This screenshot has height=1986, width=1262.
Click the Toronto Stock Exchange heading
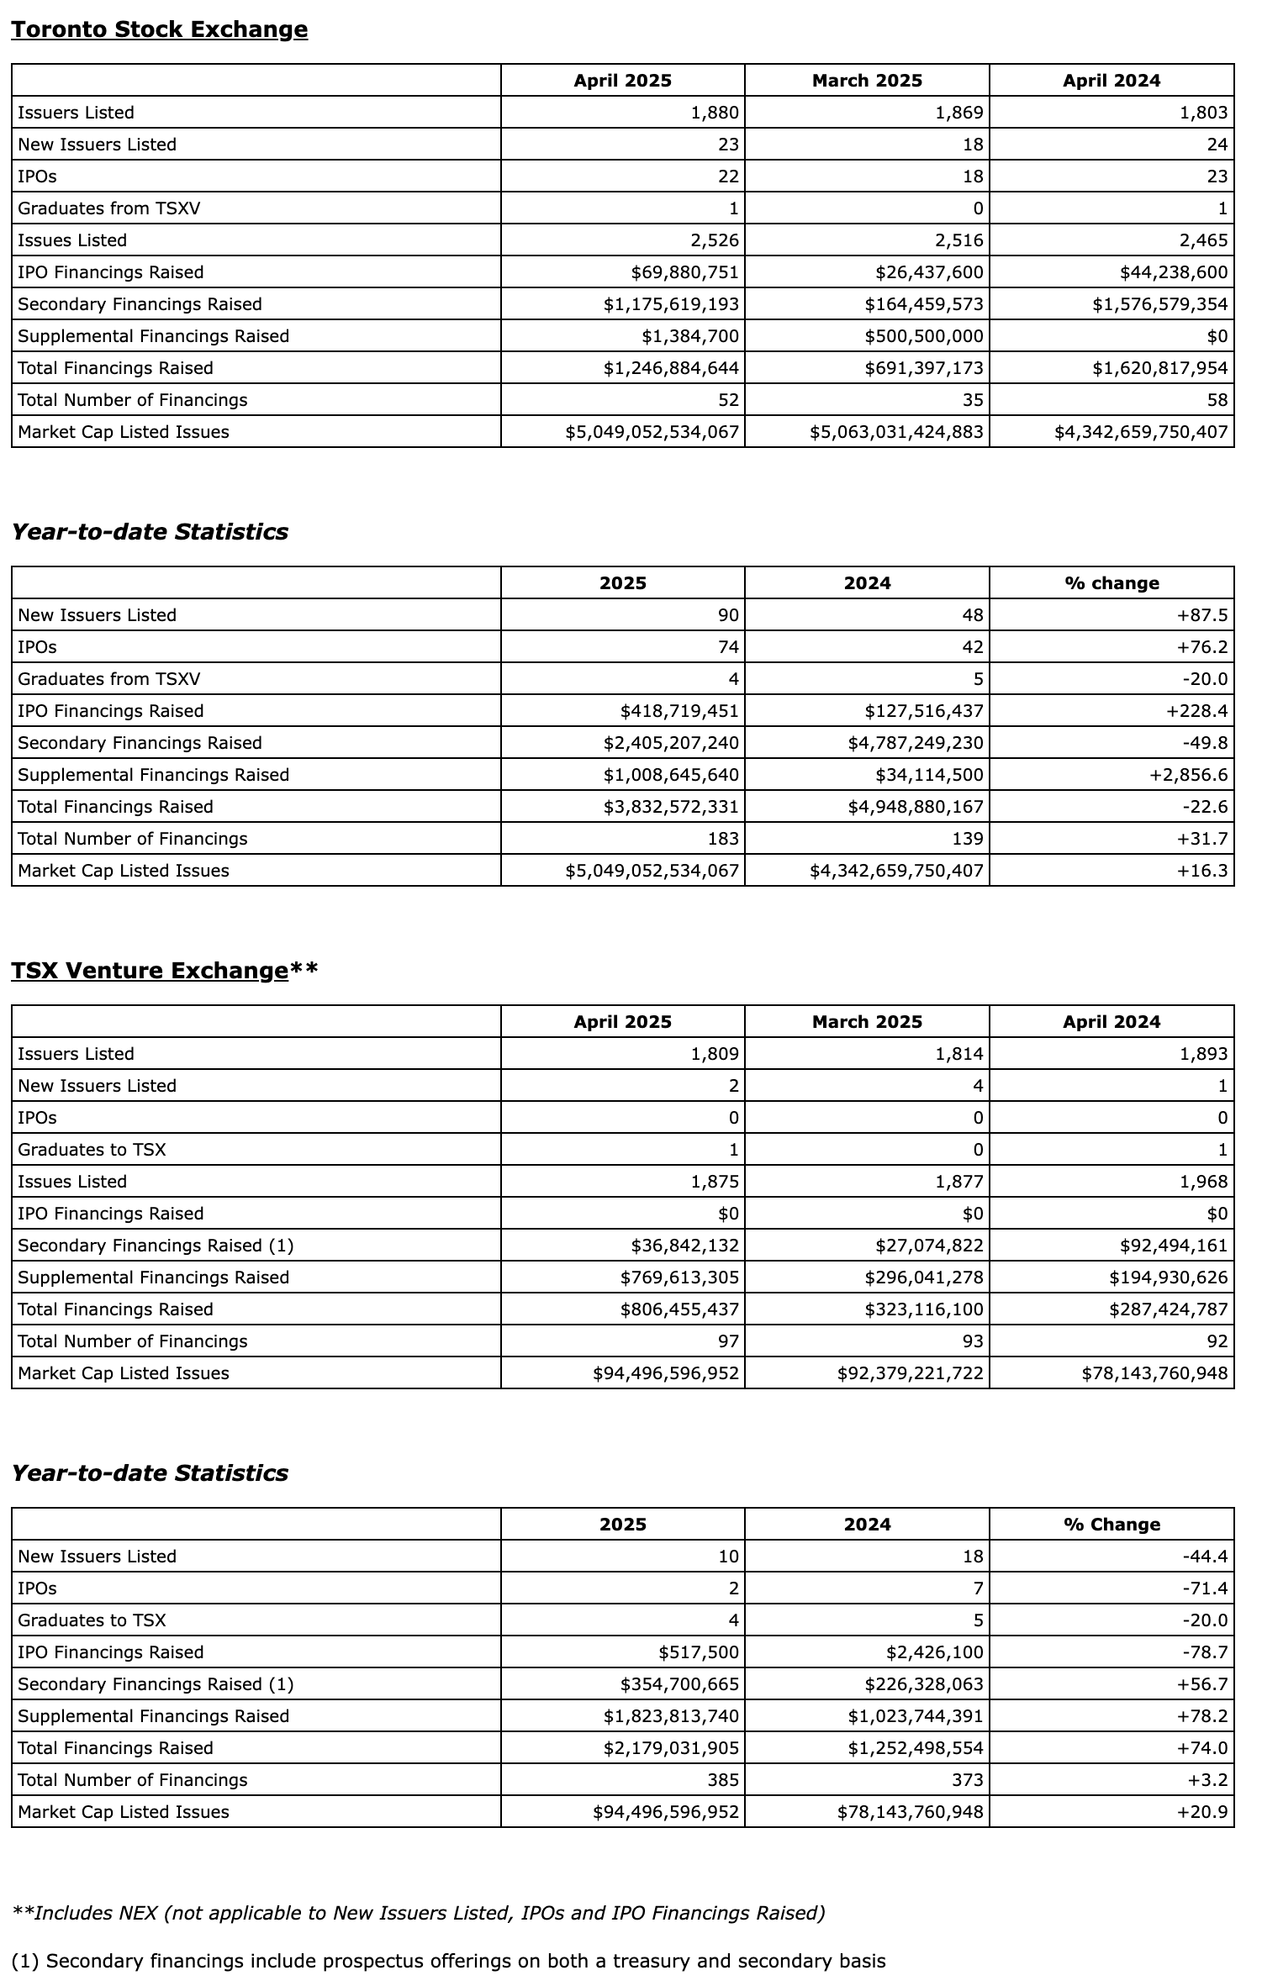159,29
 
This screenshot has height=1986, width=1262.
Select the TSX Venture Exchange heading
150,970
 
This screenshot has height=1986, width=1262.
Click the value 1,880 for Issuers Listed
715,113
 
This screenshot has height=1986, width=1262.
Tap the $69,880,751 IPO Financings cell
684,272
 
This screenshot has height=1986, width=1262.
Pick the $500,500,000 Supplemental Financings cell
923,336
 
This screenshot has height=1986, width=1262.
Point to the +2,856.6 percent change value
1188,775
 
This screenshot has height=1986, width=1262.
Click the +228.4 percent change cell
1196,711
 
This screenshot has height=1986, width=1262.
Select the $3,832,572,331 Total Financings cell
671,807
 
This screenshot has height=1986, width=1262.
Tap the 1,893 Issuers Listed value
1204,1054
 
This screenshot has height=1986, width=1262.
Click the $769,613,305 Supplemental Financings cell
679,1277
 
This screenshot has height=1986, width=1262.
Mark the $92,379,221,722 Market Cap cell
910,1373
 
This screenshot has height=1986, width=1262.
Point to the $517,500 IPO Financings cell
699,1652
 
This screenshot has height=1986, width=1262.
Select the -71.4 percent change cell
1205,1588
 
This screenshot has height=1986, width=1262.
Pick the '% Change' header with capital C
1112,1525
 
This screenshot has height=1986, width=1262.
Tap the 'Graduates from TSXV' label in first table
109,208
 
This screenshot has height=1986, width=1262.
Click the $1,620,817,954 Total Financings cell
1160,368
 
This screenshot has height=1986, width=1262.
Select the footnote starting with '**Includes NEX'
418,1913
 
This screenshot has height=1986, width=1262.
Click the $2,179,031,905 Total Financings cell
671,1748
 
